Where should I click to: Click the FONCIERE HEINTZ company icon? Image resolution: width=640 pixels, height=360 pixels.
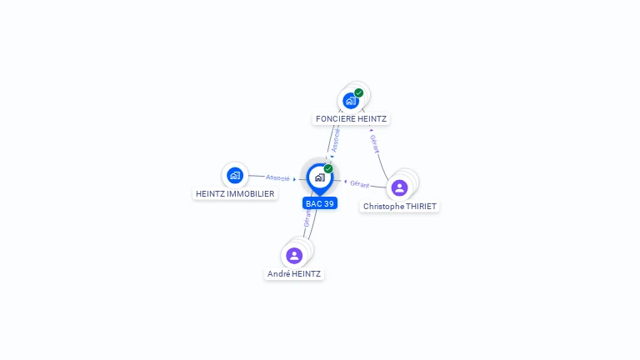tap(351, 101)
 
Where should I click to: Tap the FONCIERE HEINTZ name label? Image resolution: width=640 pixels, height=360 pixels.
tap(351, 119)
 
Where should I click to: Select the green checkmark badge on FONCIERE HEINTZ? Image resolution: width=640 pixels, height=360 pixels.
tap(359, 92)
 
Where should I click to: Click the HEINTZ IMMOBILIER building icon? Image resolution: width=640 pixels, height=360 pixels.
tap(235, 175)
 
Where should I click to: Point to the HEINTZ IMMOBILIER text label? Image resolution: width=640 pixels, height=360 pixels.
tap(235, 193)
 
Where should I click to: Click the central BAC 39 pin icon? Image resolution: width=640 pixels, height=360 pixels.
tap(319, 177)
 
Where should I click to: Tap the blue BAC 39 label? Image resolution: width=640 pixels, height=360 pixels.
tap(319, 203)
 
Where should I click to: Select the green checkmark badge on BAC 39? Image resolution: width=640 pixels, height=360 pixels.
tap(328, 169)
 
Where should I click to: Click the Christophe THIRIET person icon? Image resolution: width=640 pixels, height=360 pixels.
tap(399, 187)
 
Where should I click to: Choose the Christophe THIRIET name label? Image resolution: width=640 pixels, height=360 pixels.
tap(400, 206)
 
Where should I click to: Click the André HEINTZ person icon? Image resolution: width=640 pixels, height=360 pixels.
tap(293, 255)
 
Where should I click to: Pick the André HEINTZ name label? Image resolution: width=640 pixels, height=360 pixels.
tap(293, 273)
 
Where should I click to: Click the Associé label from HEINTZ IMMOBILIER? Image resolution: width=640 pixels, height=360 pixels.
tap(277, 177)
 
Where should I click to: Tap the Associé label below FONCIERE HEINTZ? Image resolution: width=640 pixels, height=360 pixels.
tap(335, 140)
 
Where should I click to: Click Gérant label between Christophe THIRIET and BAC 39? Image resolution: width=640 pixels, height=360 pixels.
tap(359, 183)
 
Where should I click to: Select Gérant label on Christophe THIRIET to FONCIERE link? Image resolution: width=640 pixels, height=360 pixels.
tap(374, 143)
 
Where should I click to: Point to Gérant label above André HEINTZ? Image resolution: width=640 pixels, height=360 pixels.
tap(307, 218)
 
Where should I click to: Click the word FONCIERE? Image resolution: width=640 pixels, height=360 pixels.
tap(332, 119)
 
